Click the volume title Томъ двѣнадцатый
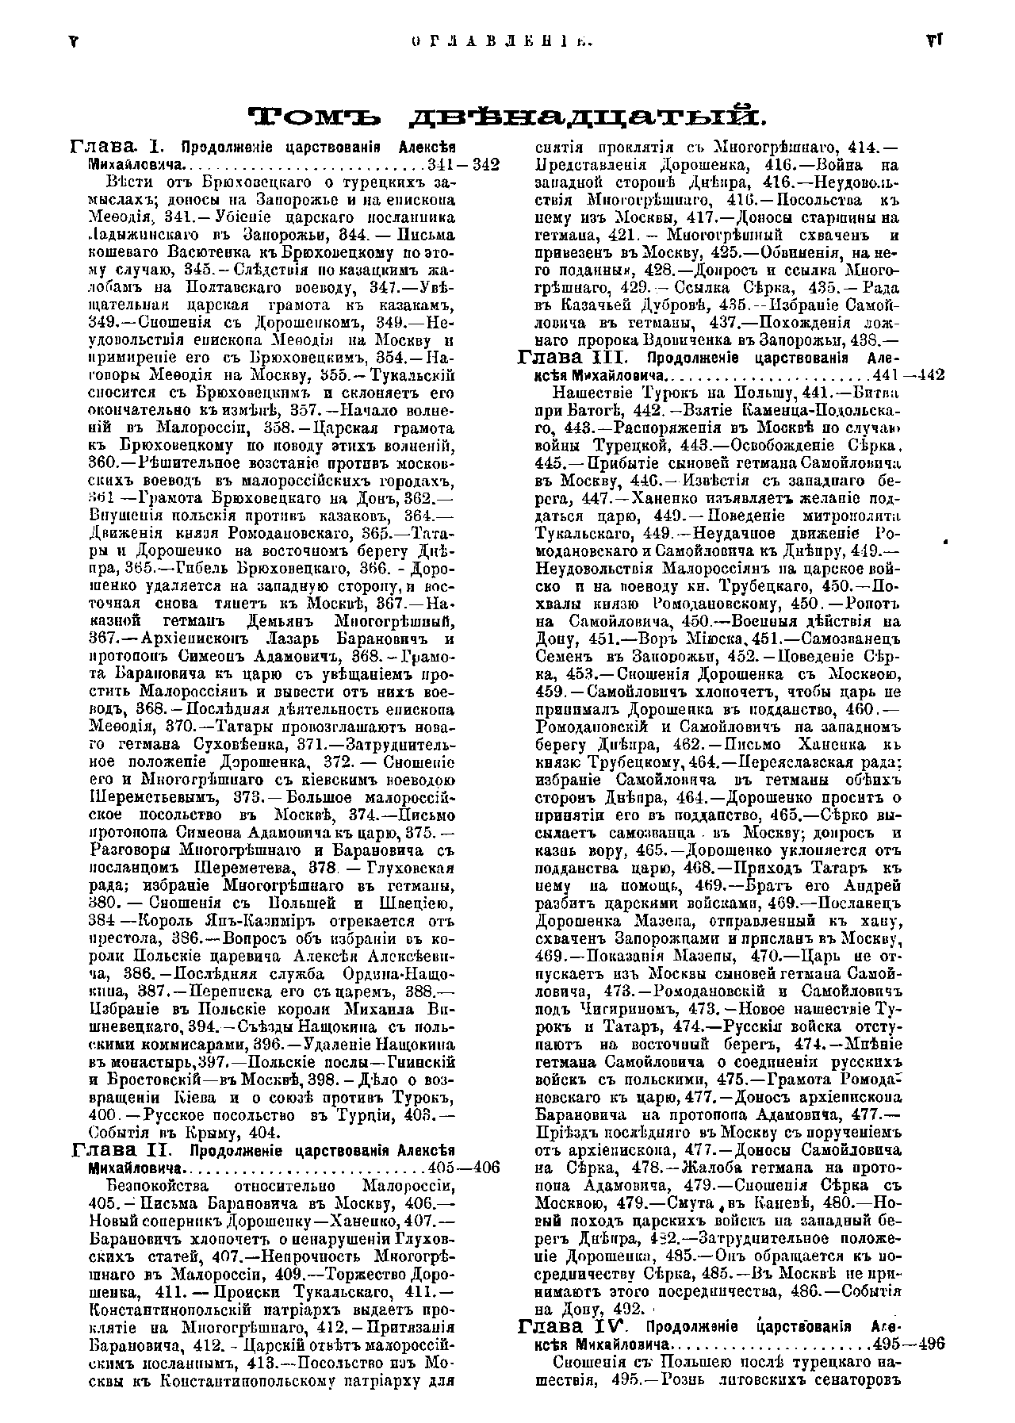point(507,117)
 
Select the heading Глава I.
point(117,147)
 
